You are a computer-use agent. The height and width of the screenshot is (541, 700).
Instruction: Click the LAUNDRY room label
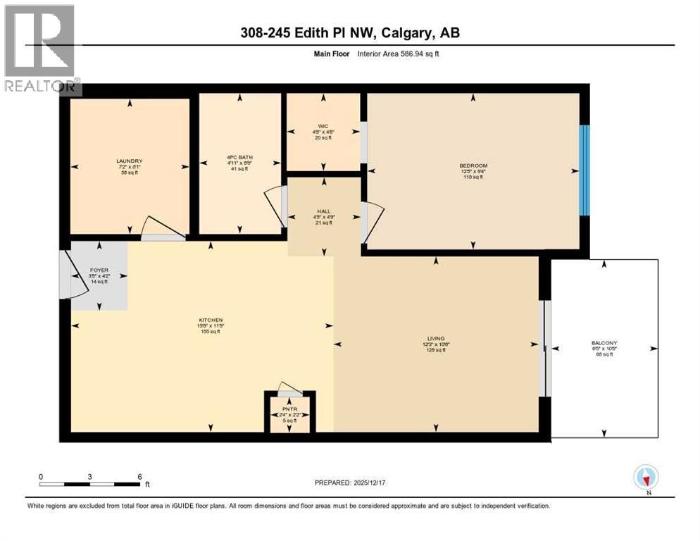point(130,161)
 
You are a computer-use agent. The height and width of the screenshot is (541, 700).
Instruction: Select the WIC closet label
point(323,127)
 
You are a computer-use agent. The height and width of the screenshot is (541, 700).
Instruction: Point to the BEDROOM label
point(473,166)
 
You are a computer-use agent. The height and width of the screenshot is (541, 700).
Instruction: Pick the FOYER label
point(99,270)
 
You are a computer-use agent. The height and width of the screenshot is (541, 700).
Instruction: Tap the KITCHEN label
point(210,321)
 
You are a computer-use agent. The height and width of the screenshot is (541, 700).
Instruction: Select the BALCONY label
point(604,344)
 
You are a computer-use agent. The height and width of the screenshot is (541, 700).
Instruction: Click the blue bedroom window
point(584,170)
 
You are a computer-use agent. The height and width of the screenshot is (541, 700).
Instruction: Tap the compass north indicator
point(646,478)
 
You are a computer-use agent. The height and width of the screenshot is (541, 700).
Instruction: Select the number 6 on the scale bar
point(139,476)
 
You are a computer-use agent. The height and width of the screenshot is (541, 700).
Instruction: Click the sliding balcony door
point(544,348)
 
